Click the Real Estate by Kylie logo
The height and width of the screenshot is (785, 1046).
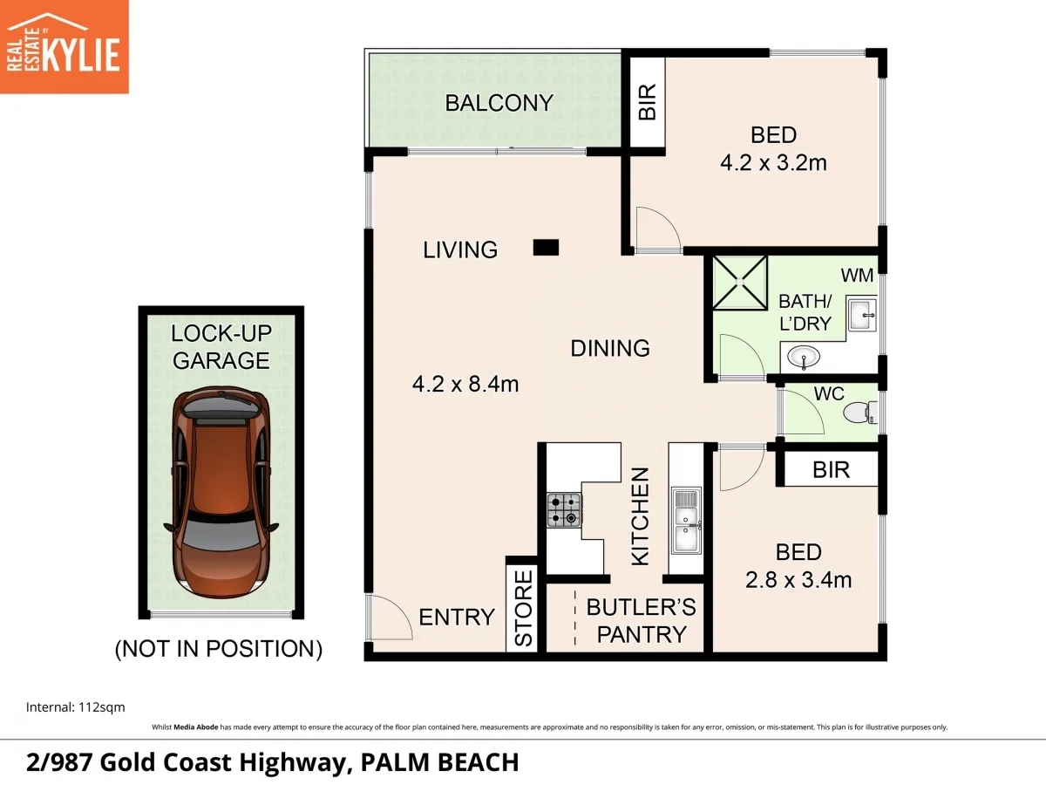[x=64, y=46]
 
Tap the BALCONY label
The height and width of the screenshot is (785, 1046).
[x=499, y=103]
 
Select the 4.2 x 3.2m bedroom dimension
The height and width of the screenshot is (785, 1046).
[x=772, y=162]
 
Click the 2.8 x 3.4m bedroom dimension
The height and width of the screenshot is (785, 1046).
[x=798, y=579]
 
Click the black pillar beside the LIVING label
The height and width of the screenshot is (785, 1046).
[x=546, y=249]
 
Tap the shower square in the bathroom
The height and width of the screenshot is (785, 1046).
[x=740, y=283]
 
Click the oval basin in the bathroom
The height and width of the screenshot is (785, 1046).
[x=803, y=357]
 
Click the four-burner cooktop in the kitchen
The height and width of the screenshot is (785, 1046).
[x=563, y=510]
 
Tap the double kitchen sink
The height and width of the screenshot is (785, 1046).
[x=686, y=522]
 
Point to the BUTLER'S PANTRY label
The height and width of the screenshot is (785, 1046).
[x=640, y=621]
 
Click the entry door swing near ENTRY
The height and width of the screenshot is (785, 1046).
[x=388, y=618]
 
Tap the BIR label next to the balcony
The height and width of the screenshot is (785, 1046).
[x=647, y=102]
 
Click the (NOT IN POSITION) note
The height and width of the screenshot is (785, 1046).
[x=219, y=649]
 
